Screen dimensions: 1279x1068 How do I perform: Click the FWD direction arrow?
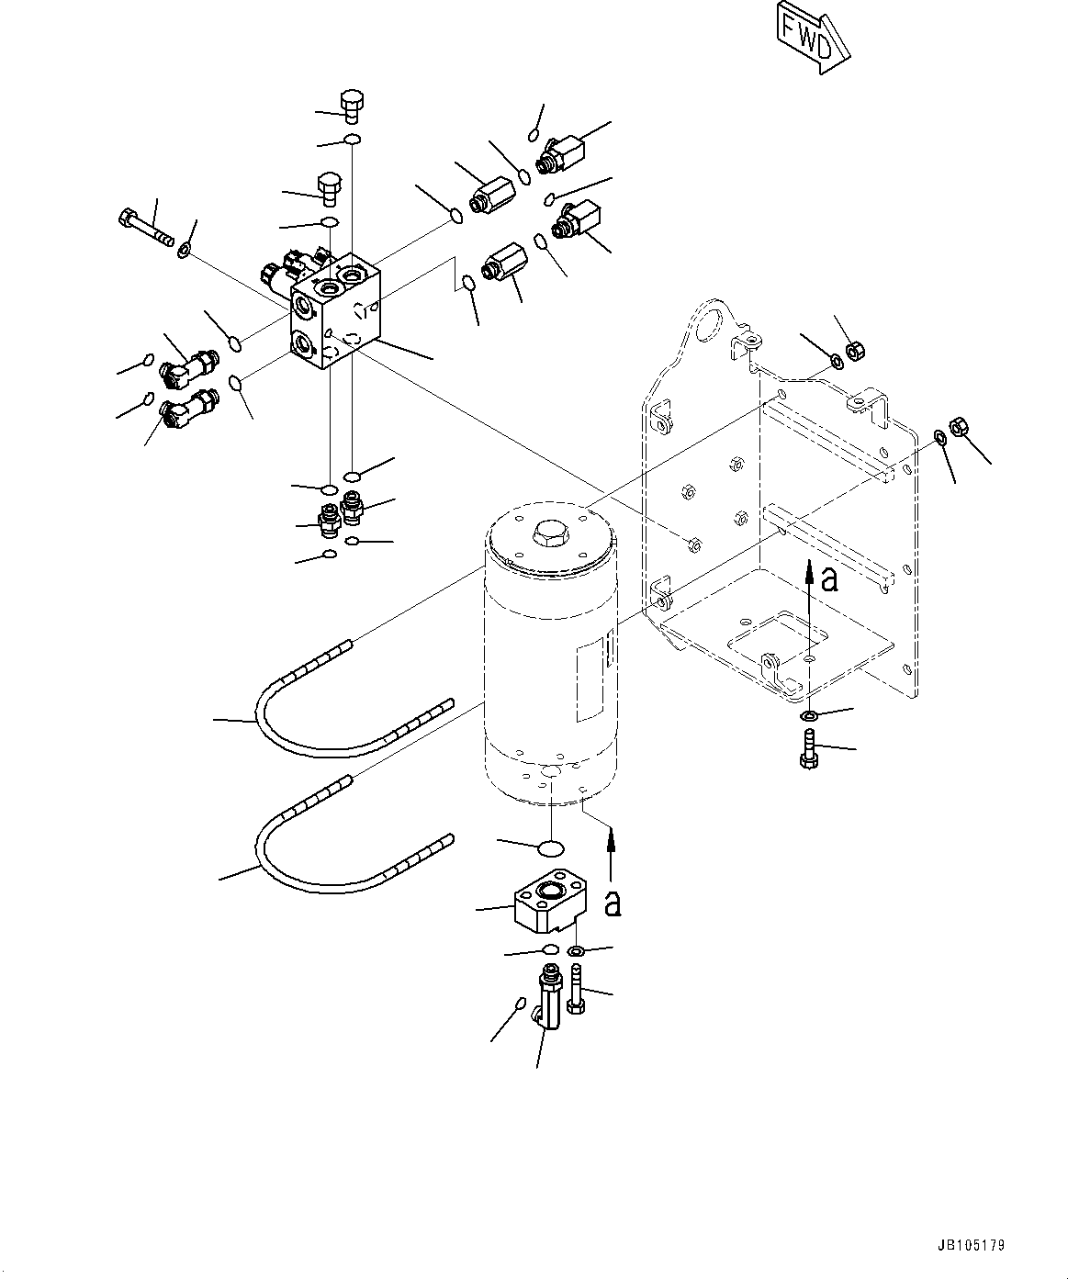tap(810, 38)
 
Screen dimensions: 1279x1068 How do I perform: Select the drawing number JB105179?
tap(972, 1246)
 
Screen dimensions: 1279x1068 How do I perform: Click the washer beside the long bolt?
tap(185, 248)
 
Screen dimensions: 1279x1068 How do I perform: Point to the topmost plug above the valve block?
tap(352, 106)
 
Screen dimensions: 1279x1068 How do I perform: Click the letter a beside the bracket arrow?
tap(829, 579)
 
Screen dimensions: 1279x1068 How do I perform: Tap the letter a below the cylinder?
tap(613, 902)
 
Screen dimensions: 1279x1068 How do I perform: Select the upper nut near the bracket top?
tap(851, 350)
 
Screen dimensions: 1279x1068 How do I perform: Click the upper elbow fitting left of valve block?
tap(187, 368)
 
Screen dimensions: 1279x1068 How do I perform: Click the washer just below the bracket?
tap(809, 715)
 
